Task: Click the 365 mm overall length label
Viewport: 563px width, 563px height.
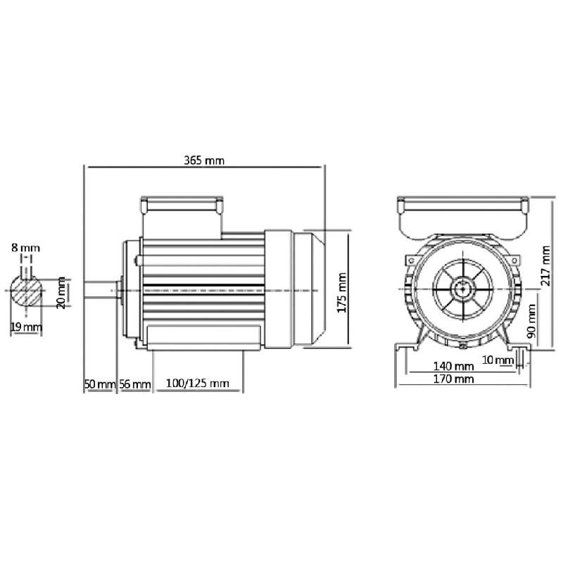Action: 204,160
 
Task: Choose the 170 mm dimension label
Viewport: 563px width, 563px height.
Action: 453,379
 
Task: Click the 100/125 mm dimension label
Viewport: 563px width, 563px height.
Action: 198,384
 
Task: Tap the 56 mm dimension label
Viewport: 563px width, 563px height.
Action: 134,384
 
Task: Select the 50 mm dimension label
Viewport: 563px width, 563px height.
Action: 99,384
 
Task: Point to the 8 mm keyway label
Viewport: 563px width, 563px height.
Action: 25,248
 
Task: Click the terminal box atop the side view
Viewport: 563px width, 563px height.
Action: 182,205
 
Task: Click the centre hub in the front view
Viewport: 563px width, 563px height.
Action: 463,289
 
